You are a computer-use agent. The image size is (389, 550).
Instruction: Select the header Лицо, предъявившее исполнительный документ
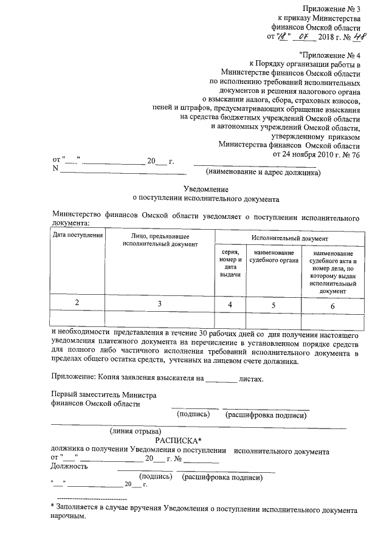point(160,239)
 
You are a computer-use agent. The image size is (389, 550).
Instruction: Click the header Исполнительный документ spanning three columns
point(290,239)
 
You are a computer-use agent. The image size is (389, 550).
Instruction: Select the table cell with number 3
point(160,303)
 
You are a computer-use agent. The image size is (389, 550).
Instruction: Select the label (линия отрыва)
point(135,431)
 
